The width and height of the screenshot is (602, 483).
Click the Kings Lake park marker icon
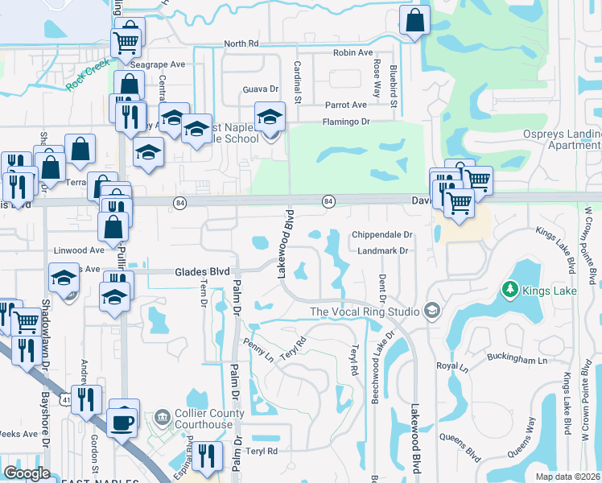point(509,288)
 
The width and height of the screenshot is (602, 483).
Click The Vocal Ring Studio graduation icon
point(432,312)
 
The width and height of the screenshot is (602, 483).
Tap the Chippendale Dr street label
point(381,235)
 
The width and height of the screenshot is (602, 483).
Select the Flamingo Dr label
point(346,122)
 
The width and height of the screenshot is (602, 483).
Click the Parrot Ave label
point(346,105)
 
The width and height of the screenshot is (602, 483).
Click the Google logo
point(27,473)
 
